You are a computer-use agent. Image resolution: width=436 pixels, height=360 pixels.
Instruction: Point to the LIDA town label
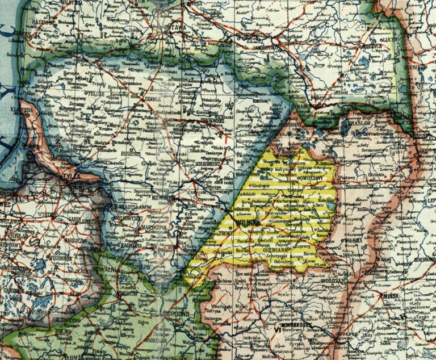pyautogui.click(x=254, y=296)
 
